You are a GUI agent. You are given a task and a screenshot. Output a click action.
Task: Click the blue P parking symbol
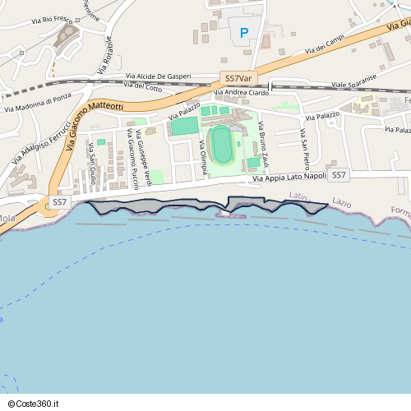243,33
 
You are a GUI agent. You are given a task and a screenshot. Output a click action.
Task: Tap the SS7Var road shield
238,78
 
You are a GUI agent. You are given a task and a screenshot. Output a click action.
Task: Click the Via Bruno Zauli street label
264,145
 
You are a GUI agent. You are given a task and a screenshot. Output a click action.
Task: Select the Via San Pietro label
303,145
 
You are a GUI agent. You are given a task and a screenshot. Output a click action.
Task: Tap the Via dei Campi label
324,47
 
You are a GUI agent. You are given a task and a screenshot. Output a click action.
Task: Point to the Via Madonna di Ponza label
38,103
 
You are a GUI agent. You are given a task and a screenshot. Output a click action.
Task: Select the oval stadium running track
220,144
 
